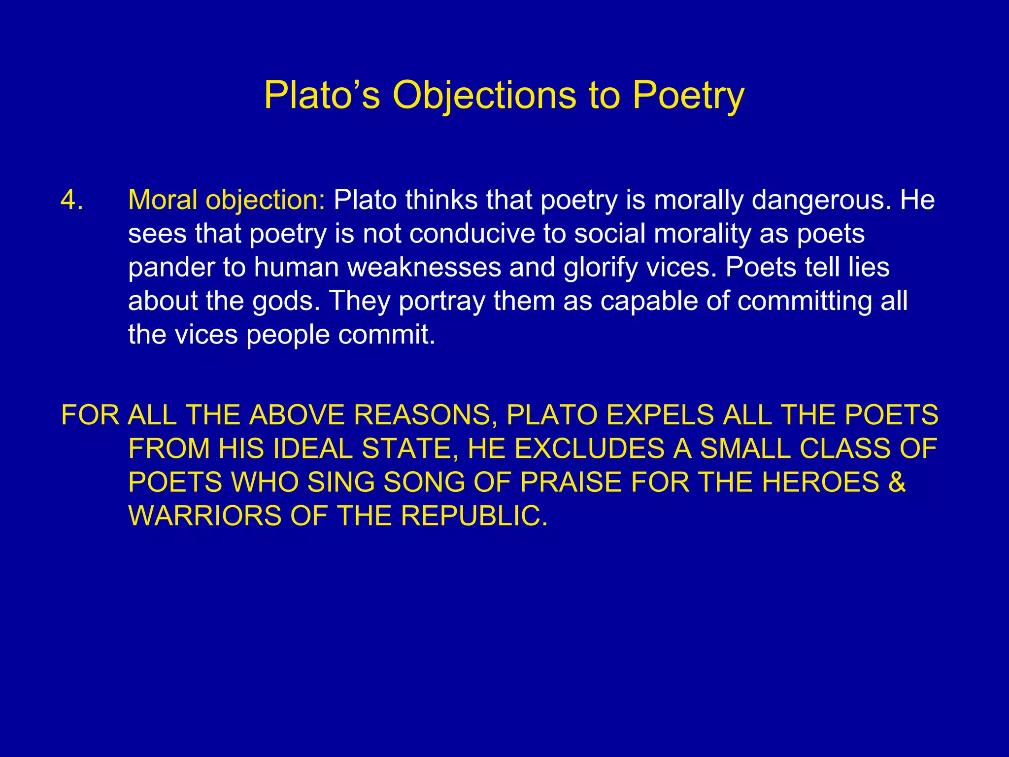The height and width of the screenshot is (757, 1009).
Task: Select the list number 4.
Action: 71,200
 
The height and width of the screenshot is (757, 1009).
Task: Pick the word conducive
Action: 472,234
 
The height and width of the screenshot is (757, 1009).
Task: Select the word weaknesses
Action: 424,267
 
